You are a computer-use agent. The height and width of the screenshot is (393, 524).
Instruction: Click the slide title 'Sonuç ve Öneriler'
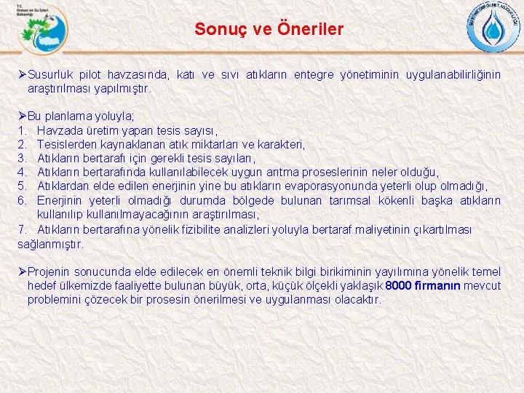pyautogui.click(x=269, y=30)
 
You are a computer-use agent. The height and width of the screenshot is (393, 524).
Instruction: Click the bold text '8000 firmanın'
pyautogui.click(x=423, y=286)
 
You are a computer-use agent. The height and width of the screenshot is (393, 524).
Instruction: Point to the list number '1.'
pyautogui.click(x=22, y=130)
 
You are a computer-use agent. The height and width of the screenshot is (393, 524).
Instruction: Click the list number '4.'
pyautogui.click(x=22, y=172)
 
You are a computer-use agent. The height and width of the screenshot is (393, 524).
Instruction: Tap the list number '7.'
pyautogui.click(x=22, y=230)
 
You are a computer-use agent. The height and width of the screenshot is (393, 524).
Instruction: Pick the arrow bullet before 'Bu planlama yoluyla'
pyautogui.click(x=22, y=116)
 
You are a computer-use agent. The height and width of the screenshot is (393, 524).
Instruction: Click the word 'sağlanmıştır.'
pyautogui.click(x=51, y=244)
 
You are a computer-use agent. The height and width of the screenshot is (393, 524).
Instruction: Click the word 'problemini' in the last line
pyautogui.click(x=54, y=300)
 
